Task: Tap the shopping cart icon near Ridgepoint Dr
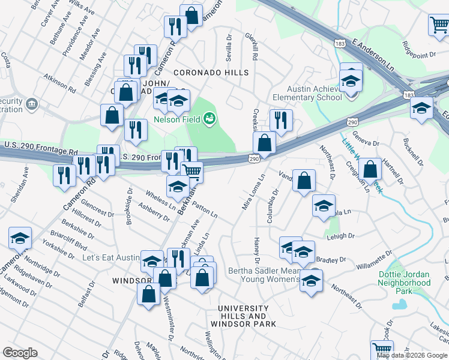[x=439, y=25]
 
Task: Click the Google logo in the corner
[x=20, y=353]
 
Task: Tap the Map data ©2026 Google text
[x=411, y=355]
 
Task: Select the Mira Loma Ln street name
[x=253, y=192]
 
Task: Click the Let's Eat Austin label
[x=110, y=257]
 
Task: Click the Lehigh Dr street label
[x=341, y=236]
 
